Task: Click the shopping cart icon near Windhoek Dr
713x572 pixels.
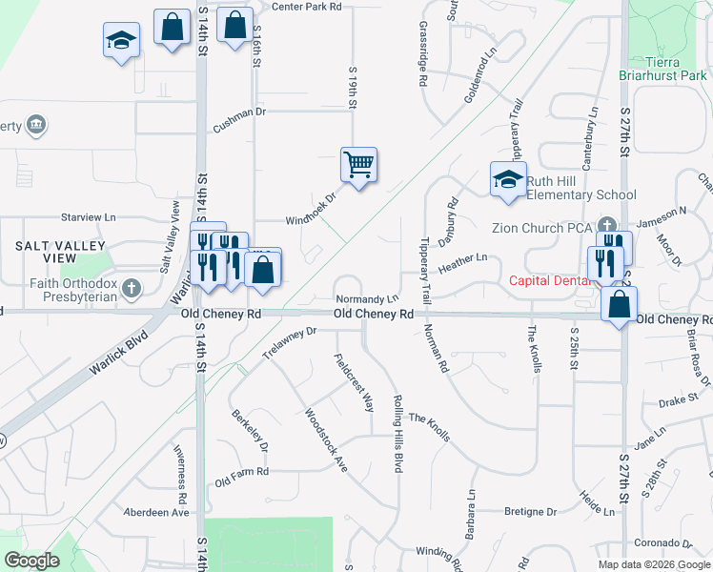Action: pos(358,166)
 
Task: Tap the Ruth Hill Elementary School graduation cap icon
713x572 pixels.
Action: pos(508,179)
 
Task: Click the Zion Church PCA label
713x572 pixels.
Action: pos(541,229)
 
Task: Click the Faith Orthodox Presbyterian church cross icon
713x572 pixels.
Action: pos(132,287)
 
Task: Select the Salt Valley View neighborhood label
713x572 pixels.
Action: pos(46,252)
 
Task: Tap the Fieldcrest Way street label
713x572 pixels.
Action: pos(353,382)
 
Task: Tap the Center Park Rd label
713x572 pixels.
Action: pos(306,7)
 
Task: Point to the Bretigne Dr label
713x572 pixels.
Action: pos(531,512)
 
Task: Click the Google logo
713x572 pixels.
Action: pos(31,561)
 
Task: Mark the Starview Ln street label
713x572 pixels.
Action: pos(88,217)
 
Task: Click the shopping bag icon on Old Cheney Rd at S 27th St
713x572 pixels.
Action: pos(620,306)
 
